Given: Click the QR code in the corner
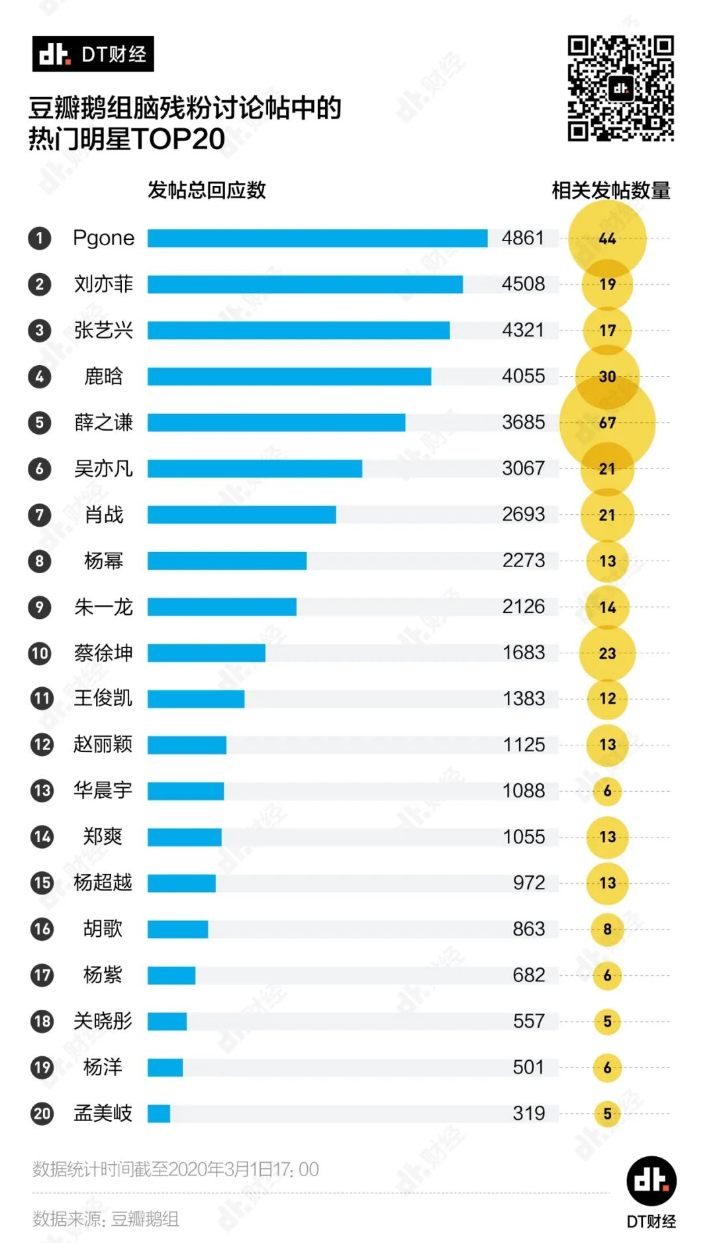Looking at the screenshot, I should tap(620, 88).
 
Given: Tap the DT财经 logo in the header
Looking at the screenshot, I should tap(93, 54).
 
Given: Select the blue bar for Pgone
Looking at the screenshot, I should tap(317, 238).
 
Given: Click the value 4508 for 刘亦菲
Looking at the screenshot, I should tap(523, 284).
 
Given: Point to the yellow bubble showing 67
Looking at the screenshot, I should tap(607, 423).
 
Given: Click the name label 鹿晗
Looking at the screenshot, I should tap(103, 376).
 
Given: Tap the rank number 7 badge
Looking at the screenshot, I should tap(40, 515).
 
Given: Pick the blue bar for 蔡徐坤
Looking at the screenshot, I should tap(206, 653).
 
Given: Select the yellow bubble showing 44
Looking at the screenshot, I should tap(607, 239).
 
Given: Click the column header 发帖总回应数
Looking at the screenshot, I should tap(207, 191).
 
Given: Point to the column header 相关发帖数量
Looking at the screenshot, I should tap(610, 191).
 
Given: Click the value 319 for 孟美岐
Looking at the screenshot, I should tap(528, 1113).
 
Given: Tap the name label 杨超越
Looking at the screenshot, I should tap(103, 883).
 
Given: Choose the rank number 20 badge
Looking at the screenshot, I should tap(42, 1113).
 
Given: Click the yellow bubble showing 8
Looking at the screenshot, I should tap(607, 929).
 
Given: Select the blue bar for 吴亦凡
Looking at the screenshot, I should tap(254, 468).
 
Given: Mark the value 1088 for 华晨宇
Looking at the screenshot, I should tap(524, 790).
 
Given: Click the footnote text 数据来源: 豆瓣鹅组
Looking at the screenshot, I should tap(105, 1218).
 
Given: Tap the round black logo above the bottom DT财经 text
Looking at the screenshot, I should tap(651, 1181).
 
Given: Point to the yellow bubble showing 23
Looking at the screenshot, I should tap(607, 653).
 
